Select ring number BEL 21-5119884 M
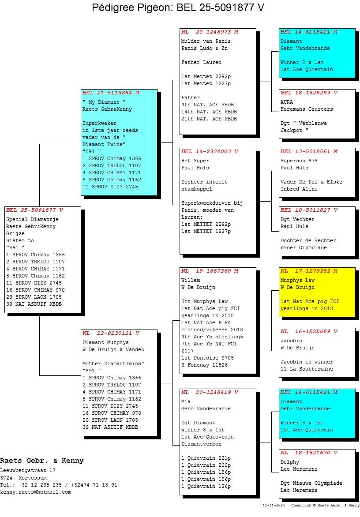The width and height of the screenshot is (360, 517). click(x=111, y=93)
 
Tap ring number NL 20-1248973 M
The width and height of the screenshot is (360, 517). click(x=210, y=32)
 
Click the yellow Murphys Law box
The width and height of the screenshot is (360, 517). click(x=317, y=292)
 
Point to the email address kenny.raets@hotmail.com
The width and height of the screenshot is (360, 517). click(x=36, y=492)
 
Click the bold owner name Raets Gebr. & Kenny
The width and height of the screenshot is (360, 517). click(x=42, y=461)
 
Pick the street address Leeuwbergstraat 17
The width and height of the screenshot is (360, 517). click(x=28, y=471)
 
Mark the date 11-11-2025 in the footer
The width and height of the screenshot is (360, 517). click(x=274, y=505)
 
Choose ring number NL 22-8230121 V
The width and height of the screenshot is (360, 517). click(x=111, y=333)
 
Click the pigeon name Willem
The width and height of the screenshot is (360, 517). click(x=191, y=280)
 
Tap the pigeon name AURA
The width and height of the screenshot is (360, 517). click(x=287, y=102)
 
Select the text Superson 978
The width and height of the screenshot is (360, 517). click(x=299, y=161)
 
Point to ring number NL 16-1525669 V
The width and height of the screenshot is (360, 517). click(x=309, y=331)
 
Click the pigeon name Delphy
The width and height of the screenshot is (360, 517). click(x=290, y=462)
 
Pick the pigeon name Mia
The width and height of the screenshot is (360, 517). click(x=186, y=401)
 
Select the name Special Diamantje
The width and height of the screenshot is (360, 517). click(x=32, y=220)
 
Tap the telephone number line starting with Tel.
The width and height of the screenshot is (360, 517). click(x=59, y=485)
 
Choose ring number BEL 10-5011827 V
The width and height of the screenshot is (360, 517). click(x=309, y=210)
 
